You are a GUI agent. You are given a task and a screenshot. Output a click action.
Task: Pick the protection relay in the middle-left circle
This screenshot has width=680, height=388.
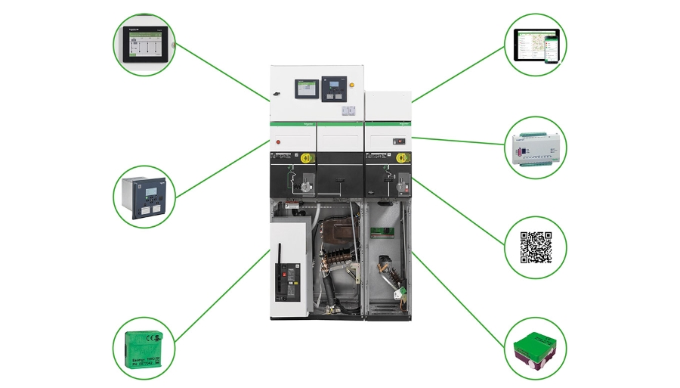(x=144, y=196)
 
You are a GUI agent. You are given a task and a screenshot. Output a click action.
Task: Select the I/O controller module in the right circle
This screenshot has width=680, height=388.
(x=535, y=149)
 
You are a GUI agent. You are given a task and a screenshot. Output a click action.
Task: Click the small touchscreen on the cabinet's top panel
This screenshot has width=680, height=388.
(x=304, y=88)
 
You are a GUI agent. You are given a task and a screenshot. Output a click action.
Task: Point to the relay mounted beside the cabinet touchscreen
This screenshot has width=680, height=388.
(x=332, y=88)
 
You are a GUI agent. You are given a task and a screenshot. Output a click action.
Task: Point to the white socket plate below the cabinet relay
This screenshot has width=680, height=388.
(x=348, y=110)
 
